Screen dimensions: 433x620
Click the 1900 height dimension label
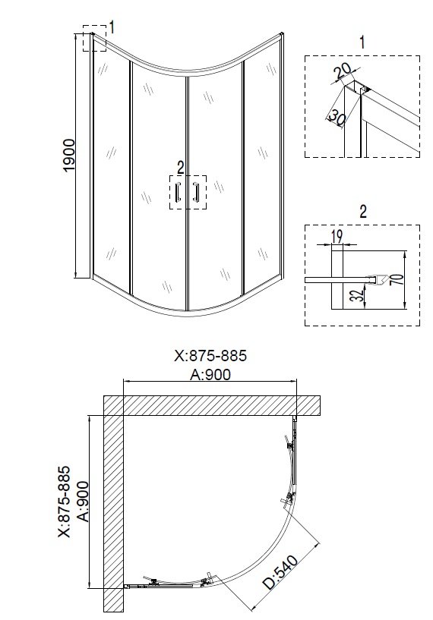(69, 155)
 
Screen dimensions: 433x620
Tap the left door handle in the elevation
(179, 192)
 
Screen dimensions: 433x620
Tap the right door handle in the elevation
(195, 192)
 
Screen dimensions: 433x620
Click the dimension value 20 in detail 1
(342, 71)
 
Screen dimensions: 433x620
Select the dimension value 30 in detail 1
(336, 117)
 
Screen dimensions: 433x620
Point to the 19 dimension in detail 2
(336, 237)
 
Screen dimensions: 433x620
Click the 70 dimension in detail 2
(399, 279)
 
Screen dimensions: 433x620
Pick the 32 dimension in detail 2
(357, 295)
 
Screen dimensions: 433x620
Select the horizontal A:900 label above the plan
(210, 374)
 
